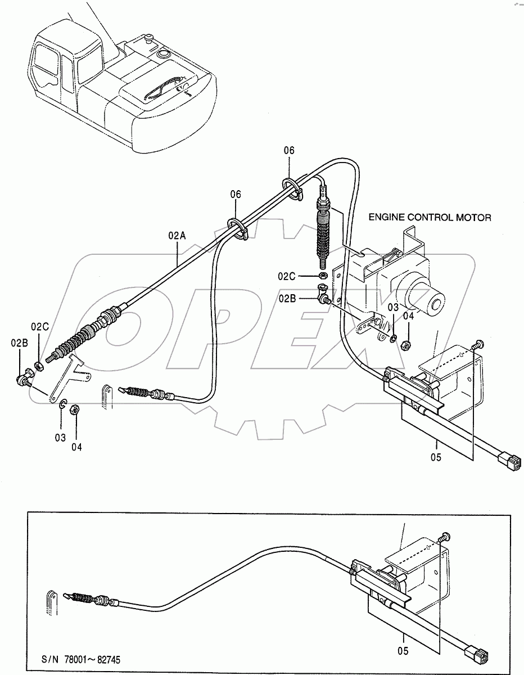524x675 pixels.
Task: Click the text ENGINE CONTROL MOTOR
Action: click(429, 217)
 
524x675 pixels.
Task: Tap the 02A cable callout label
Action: click(177, 237)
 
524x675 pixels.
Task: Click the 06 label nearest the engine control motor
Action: click(289, 150)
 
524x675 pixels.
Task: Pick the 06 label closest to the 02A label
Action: click(235, 194)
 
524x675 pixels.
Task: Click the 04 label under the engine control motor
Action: click(408, 316)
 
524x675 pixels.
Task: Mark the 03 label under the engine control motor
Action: click(393, 307)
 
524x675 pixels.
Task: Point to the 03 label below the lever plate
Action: click(60, 437)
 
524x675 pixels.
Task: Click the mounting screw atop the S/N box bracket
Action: click(445, 538)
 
